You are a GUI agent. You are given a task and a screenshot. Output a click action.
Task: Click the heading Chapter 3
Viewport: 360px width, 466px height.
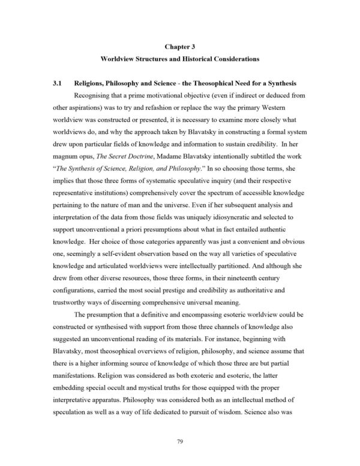tap(179, 45)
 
